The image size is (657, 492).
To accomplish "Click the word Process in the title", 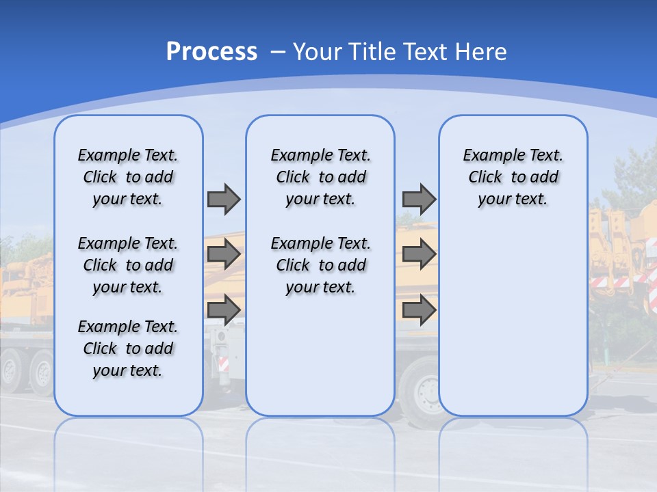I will pyautogui.click(x=211, y=51).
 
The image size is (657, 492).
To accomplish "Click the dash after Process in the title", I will pyautogui.click(x=278, y=52).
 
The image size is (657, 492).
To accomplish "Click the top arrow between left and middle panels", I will pyautogui.click(x=224, y=199).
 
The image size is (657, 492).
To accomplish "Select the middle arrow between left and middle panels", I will pyautogui.click(x=224, y=255).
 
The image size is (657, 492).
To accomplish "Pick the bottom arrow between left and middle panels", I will pyautogui.click(x=224, y=310).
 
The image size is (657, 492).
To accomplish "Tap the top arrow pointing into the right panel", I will pyautogui.click(x=419, y=199).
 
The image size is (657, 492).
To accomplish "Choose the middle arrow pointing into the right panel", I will pyautogui.click(x=419, y=255).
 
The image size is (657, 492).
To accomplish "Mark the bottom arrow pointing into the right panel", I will pyautogui.click(x=419, y=310).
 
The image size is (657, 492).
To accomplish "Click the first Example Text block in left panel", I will pyautogui.click(x=128, y=177).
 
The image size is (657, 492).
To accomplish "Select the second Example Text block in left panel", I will pyautogui.click(x=128, y=265).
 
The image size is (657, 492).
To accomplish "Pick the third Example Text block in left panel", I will pyautogui.click(x=128, y=348).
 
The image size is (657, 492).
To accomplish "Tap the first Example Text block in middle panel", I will pyautogui.click(x=320, y=177).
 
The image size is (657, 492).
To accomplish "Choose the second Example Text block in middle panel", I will pyautogui.click(x=320, y=265).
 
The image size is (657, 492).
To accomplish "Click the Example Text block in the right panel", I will pyautogui.click(x=513, y=177).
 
